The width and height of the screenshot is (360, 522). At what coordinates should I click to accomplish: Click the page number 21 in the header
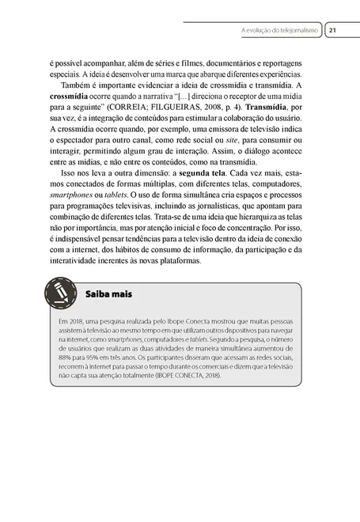(x=333, y=30)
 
